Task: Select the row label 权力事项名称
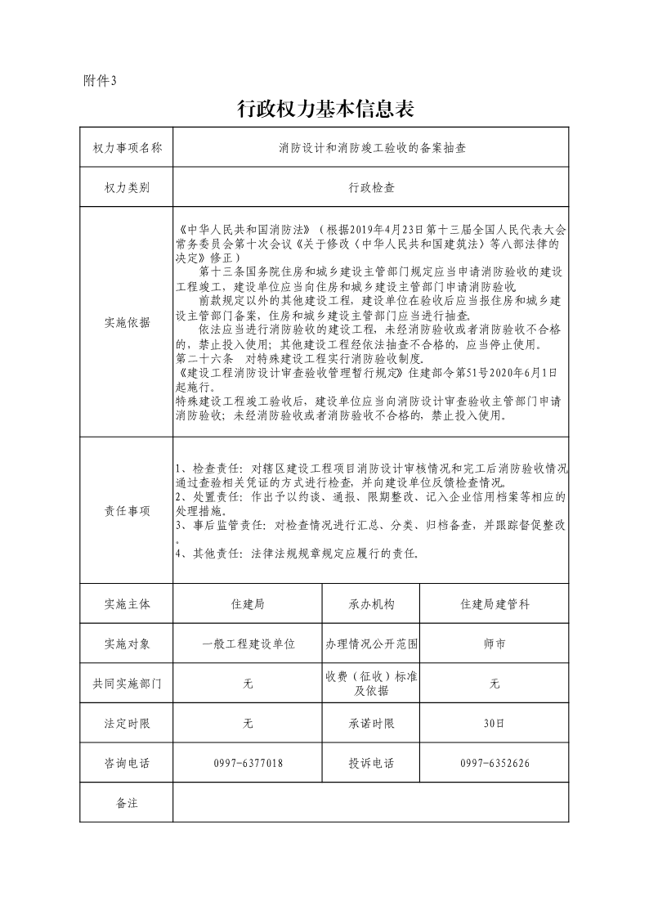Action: [x=127, y=148]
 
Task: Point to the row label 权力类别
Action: [x=127, y=187]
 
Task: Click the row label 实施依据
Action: [x=127, y=322]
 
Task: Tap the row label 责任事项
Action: [x=127, y=511]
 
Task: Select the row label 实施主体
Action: [x=127, y=604]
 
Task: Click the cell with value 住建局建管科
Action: [x=495, y=604]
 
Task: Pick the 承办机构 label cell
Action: [x=371, y=604]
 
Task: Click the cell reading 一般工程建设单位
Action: [x=248, y=644]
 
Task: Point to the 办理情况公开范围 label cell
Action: [x=371, y=644]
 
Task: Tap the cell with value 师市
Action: [x=495, y=644]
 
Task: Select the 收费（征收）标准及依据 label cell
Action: [x=371, y=684]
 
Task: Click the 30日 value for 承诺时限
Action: [x=495, y=724]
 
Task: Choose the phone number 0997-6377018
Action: [x=248, y=763]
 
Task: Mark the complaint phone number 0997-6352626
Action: [x=495, y=763]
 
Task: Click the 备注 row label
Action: [x=127, y=802]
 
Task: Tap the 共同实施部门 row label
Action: [x=127, y=684]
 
